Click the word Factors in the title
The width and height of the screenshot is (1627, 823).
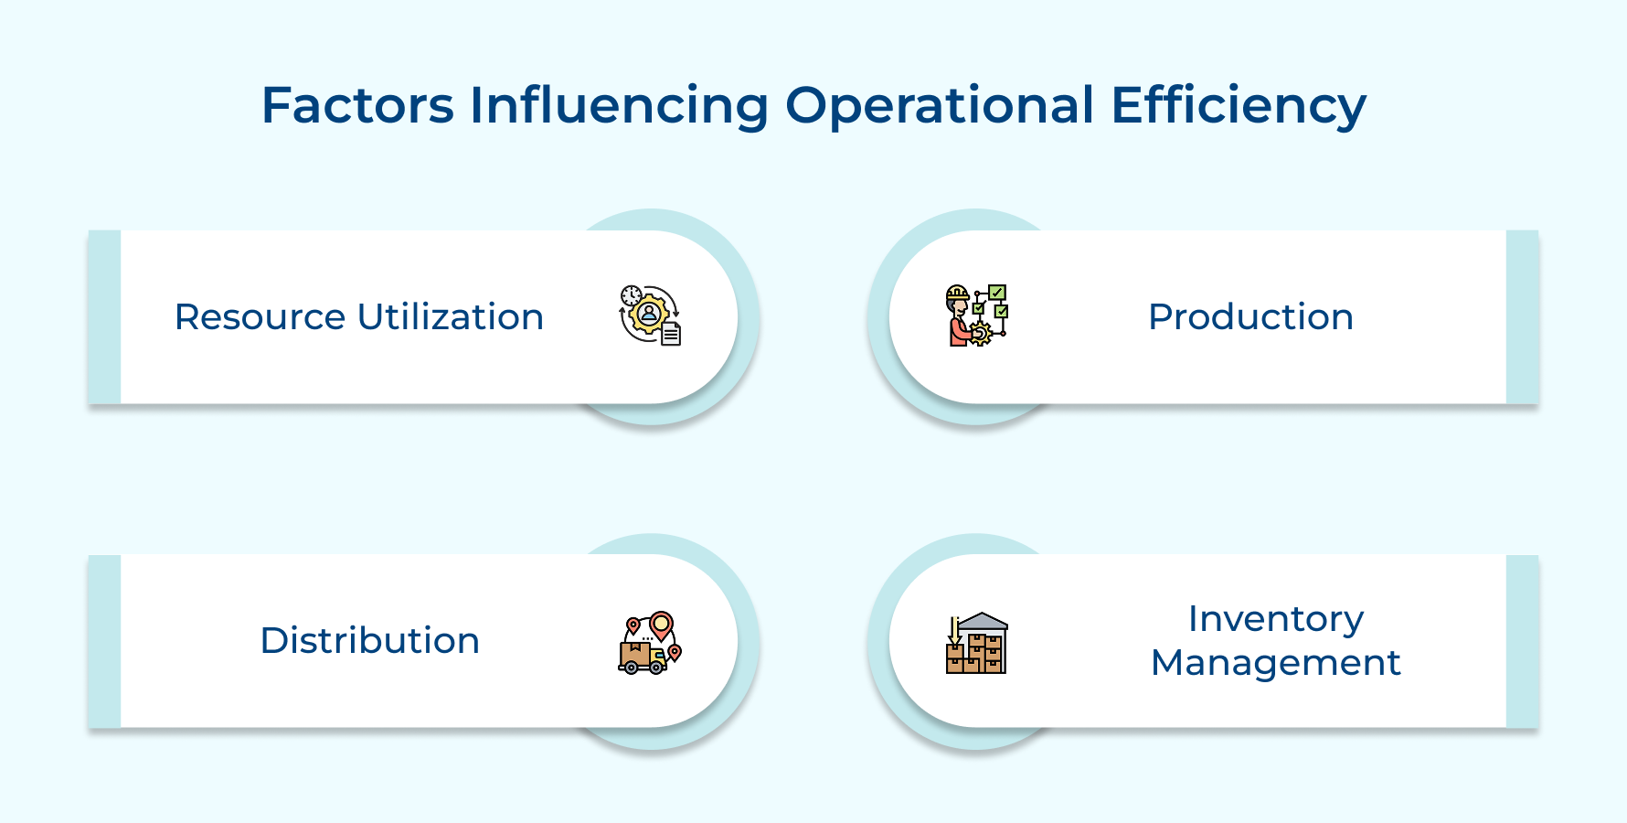[357, 105]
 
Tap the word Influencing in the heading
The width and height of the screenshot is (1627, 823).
[619, 107]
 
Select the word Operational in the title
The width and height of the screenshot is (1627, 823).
[940, 107]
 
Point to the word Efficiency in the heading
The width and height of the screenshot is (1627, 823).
[1239, 107]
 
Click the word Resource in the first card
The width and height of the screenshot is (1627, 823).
[260, 317]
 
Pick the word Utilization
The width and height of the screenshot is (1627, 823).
[451, 317]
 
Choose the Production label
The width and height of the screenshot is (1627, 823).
[1250, 317]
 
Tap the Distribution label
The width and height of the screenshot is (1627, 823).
[370, 641]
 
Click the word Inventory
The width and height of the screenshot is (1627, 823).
[1276, 620]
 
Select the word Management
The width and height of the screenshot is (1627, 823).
[1276, 663]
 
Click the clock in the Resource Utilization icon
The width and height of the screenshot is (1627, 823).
[631, 295]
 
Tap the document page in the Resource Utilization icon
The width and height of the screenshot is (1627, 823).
[671, 334]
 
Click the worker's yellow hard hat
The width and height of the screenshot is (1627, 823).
[957, 294]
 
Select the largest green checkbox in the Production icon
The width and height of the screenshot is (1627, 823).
[997, 293]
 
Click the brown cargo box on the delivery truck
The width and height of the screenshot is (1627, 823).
[634, 653]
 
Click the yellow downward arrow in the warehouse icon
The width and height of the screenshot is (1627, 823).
[954, 630]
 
